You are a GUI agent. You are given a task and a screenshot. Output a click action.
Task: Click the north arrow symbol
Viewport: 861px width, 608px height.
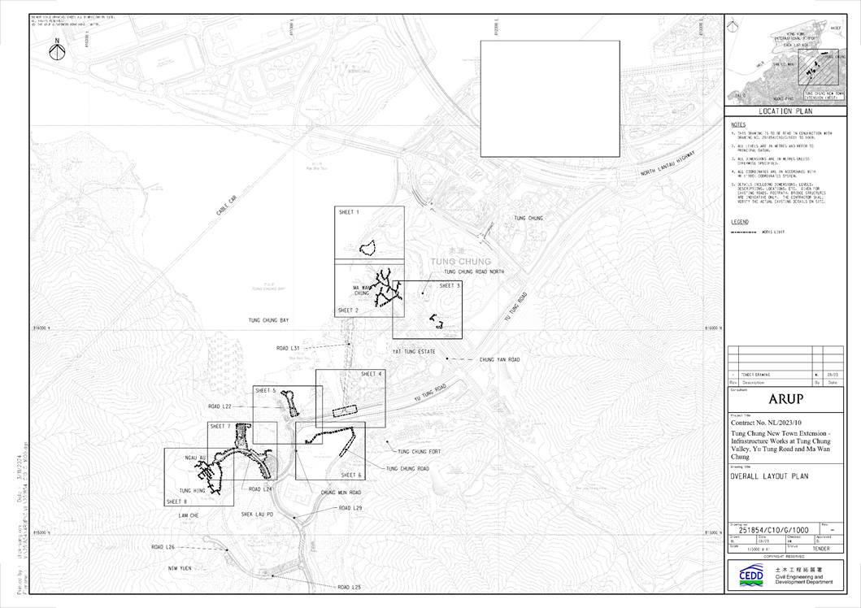point(58,50)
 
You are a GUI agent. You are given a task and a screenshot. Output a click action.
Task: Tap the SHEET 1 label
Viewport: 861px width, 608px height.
point(348,212)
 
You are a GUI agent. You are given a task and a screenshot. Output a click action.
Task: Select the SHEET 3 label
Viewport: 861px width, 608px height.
point(450,286)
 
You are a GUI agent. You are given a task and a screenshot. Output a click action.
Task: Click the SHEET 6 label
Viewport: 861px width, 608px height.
point(351,475)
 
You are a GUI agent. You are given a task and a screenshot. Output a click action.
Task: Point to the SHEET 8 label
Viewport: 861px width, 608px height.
point(176,502)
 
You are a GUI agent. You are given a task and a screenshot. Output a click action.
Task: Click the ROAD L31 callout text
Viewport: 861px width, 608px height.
point(289,348)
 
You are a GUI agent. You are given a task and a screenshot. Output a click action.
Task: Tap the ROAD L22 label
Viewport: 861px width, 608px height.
point(220,406)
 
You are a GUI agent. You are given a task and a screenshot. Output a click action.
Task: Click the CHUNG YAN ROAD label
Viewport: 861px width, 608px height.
point(499,358)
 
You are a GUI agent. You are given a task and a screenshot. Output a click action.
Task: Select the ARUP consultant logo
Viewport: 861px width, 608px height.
point(785,399)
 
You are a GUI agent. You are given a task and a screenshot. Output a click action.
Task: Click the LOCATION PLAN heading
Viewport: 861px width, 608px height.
point(785,111)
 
